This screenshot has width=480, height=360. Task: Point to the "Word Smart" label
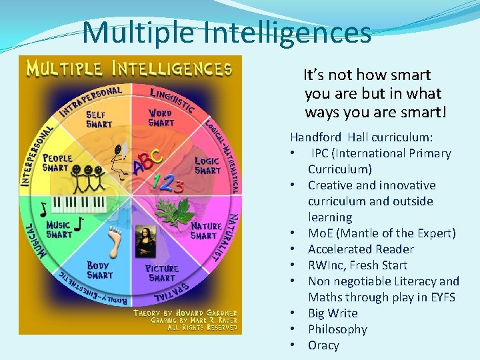161,117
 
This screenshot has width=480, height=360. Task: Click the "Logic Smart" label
207,165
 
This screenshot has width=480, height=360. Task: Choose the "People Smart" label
57,163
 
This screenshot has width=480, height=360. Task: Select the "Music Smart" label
59,229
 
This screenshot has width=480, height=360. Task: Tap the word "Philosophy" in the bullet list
337,329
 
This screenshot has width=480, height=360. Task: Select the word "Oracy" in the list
323,345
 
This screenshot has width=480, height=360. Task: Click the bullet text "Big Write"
333,313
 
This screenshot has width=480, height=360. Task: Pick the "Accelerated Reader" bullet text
361,249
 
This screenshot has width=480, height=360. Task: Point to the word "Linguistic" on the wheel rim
172,98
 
